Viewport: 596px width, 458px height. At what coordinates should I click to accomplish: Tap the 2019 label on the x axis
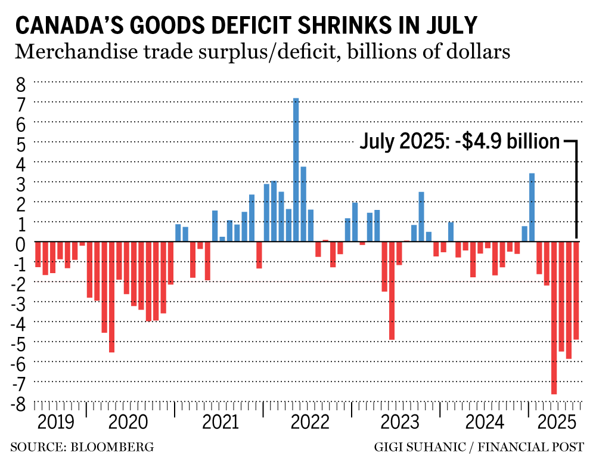(56, 423)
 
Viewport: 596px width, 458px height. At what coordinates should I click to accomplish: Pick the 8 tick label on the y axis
(21, 84)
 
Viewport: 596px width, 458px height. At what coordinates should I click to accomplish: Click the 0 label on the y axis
(21, 243)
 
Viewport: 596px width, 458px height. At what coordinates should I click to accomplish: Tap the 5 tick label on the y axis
(21, 144)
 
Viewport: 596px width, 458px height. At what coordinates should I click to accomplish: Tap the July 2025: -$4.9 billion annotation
(460, 142)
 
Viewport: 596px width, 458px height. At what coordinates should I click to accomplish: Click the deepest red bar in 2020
(111, 296)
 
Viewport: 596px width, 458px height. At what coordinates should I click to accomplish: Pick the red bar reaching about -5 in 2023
(392, 290)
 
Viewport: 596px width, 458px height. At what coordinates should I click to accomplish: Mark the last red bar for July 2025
(576, 290)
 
